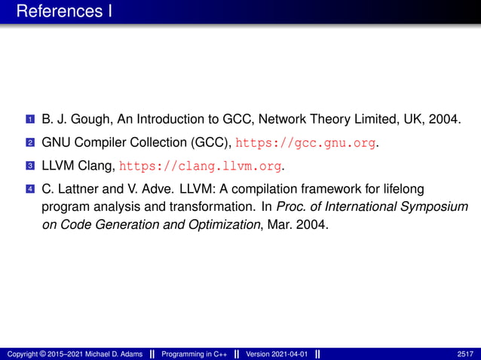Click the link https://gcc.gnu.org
306,142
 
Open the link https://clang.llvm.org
200,165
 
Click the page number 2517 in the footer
467,353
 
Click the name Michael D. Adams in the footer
111,353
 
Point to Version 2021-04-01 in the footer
275,353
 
